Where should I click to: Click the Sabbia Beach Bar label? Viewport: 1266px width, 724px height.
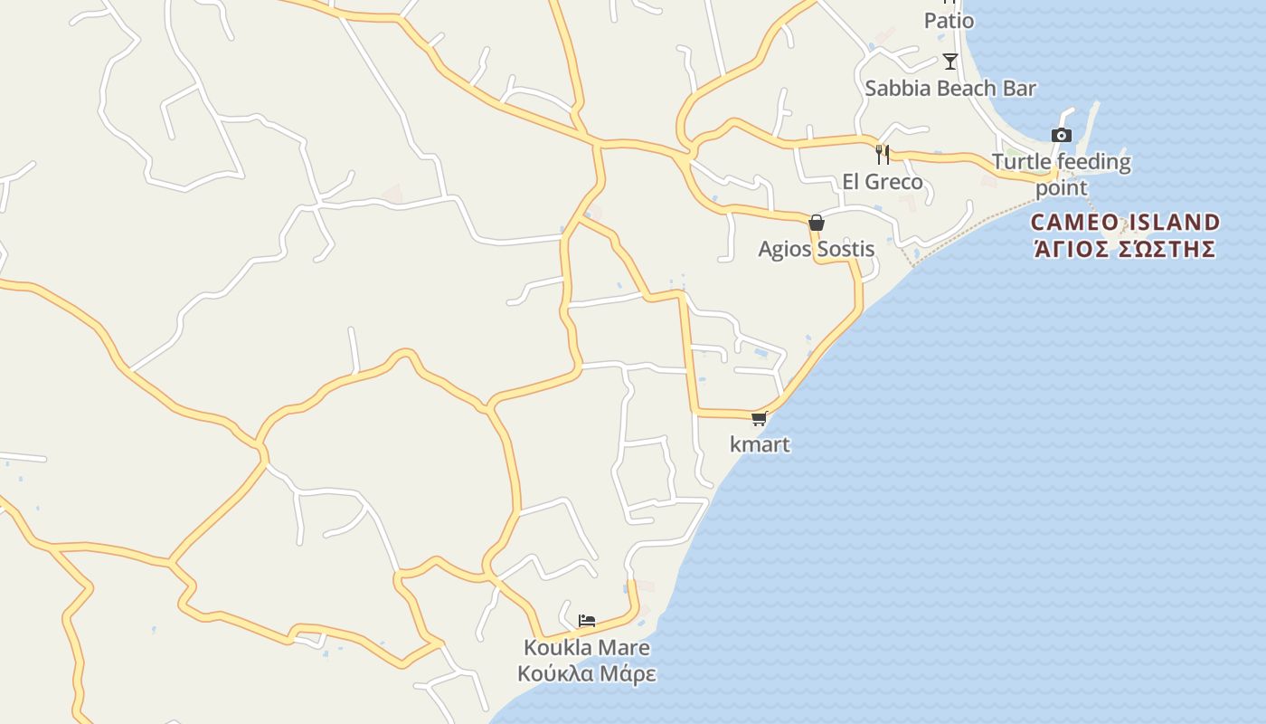[949, 89]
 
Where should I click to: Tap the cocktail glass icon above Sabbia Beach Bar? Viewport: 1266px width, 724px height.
[949, 62]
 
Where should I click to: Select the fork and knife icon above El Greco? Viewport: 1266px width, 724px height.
[883, 154]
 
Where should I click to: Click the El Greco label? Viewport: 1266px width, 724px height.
[883, 182]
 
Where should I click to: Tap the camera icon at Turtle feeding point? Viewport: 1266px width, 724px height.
[1062, 136]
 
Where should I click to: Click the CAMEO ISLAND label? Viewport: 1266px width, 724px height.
[1125, 223]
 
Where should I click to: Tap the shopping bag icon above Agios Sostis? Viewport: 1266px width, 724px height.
[817, 223]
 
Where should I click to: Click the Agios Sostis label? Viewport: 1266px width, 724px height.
[817, 249]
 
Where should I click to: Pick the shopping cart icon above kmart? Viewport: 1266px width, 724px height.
[760, 418]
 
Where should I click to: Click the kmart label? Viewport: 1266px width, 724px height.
[760, 444]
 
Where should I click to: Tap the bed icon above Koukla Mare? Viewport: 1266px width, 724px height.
[587, 621]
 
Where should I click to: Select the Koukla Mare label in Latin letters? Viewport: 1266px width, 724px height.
[587, 648]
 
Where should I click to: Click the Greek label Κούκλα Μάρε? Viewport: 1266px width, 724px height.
[587, 674]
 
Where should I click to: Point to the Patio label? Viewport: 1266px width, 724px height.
[949, 21]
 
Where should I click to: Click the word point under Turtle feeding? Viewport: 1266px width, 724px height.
[1062, 188]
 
